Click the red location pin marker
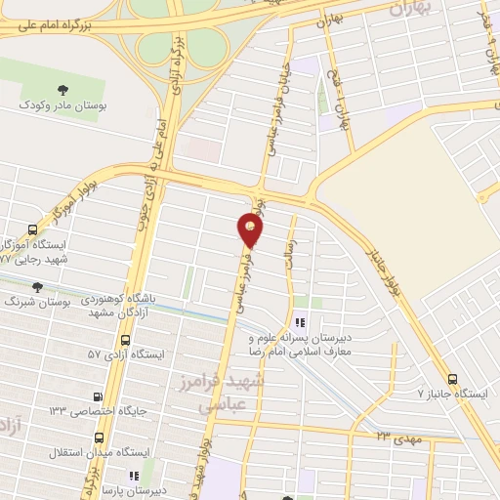(x=251, y=230)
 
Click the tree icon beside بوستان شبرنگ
(x=37, y=287)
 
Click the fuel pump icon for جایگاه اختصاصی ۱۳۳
(x=98, y=396)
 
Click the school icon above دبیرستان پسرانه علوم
(x=301, y=321)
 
